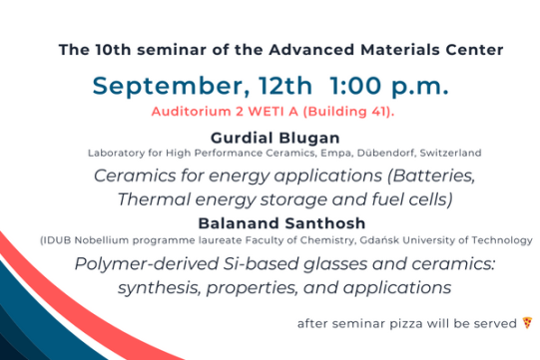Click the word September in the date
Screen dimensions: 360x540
click(161, 86)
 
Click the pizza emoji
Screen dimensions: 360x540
click(528, 323)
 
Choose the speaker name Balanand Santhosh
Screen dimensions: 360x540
click(270, 222)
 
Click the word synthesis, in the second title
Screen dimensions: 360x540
click(162, 288)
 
